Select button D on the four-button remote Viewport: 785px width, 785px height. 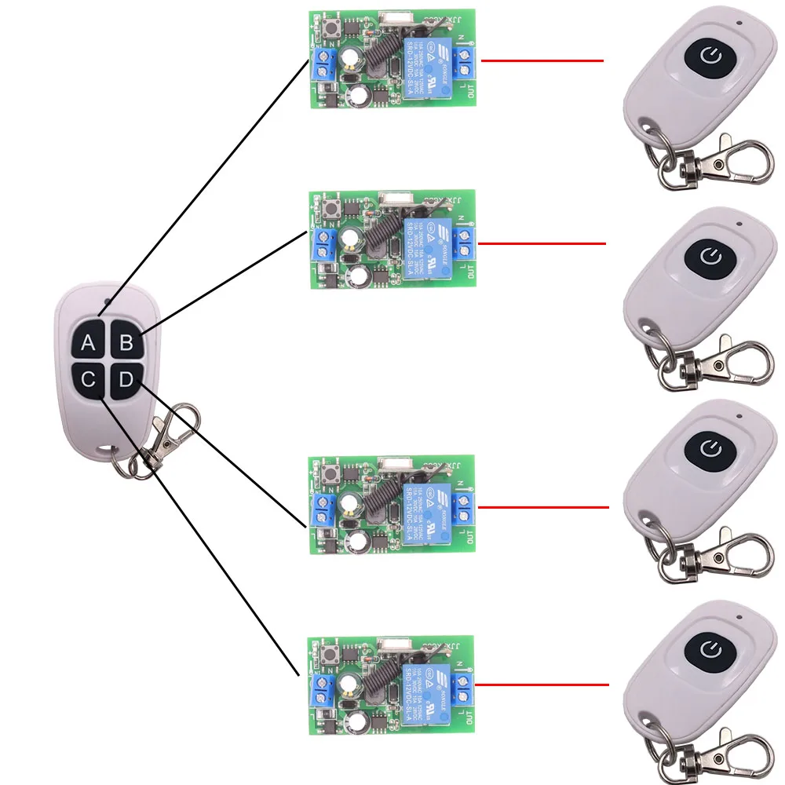[x=126, y=382]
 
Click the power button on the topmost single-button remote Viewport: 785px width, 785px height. [x=710, y=56]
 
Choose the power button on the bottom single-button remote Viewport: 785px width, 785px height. [x=710, y=648]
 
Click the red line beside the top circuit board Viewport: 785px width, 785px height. [x=542, y=60]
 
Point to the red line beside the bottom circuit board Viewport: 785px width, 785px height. [x=542, y=685]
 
